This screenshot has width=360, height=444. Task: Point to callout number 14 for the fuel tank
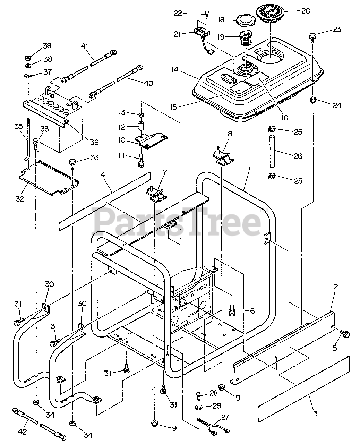[174, 70]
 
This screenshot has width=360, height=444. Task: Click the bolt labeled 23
[312, 36]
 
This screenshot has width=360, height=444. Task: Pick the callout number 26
[298, 156]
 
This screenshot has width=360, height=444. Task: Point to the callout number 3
[315, 413]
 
